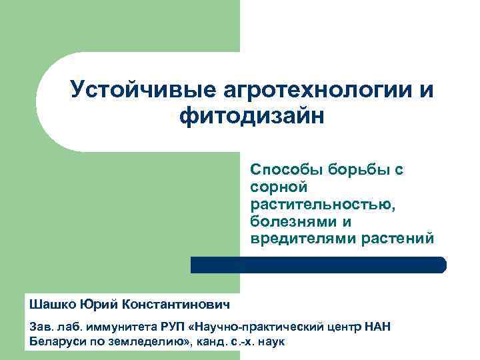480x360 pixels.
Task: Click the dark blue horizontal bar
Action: pyautogui.click(x=319, y=265)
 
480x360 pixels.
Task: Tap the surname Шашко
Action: pyautogui.click(x=53, y=305)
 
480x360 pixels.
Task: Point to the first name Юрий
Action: pyautogui.click(x=100, y=305)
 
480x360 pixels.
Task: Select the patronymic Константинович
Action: pyautogui.click(x=176, y=305)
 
